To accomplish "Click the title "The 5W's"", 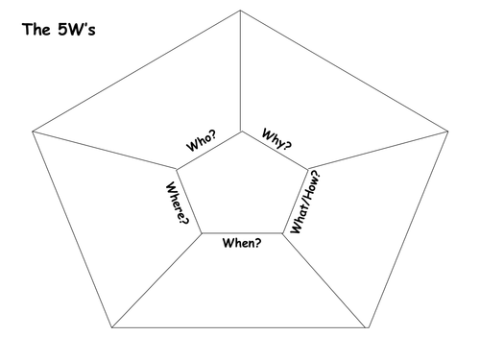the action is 59,29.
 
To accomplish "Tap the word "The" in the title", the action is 36,29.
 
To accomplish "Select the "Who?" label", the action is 202,140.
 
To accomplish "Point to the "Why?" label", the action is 276,139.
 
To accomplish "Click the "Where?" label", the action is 177,204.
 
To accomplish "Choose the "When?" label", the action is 242,243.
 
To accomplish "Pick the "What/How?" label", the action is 305,202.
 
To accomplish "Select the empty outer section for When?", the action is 240,288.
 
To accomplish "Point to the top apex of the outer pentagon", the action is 240,11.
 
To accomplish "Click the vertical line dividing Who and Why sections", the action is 241,71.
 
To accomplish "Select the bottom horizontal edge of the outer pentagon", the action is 240,327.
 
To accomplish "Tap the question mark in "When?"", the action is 258,243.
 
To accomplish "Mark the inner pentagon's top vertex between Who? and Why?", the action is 242,132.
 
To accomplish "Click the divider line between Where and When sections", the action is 156,280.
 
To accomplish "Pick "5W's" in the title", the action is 77,29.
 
